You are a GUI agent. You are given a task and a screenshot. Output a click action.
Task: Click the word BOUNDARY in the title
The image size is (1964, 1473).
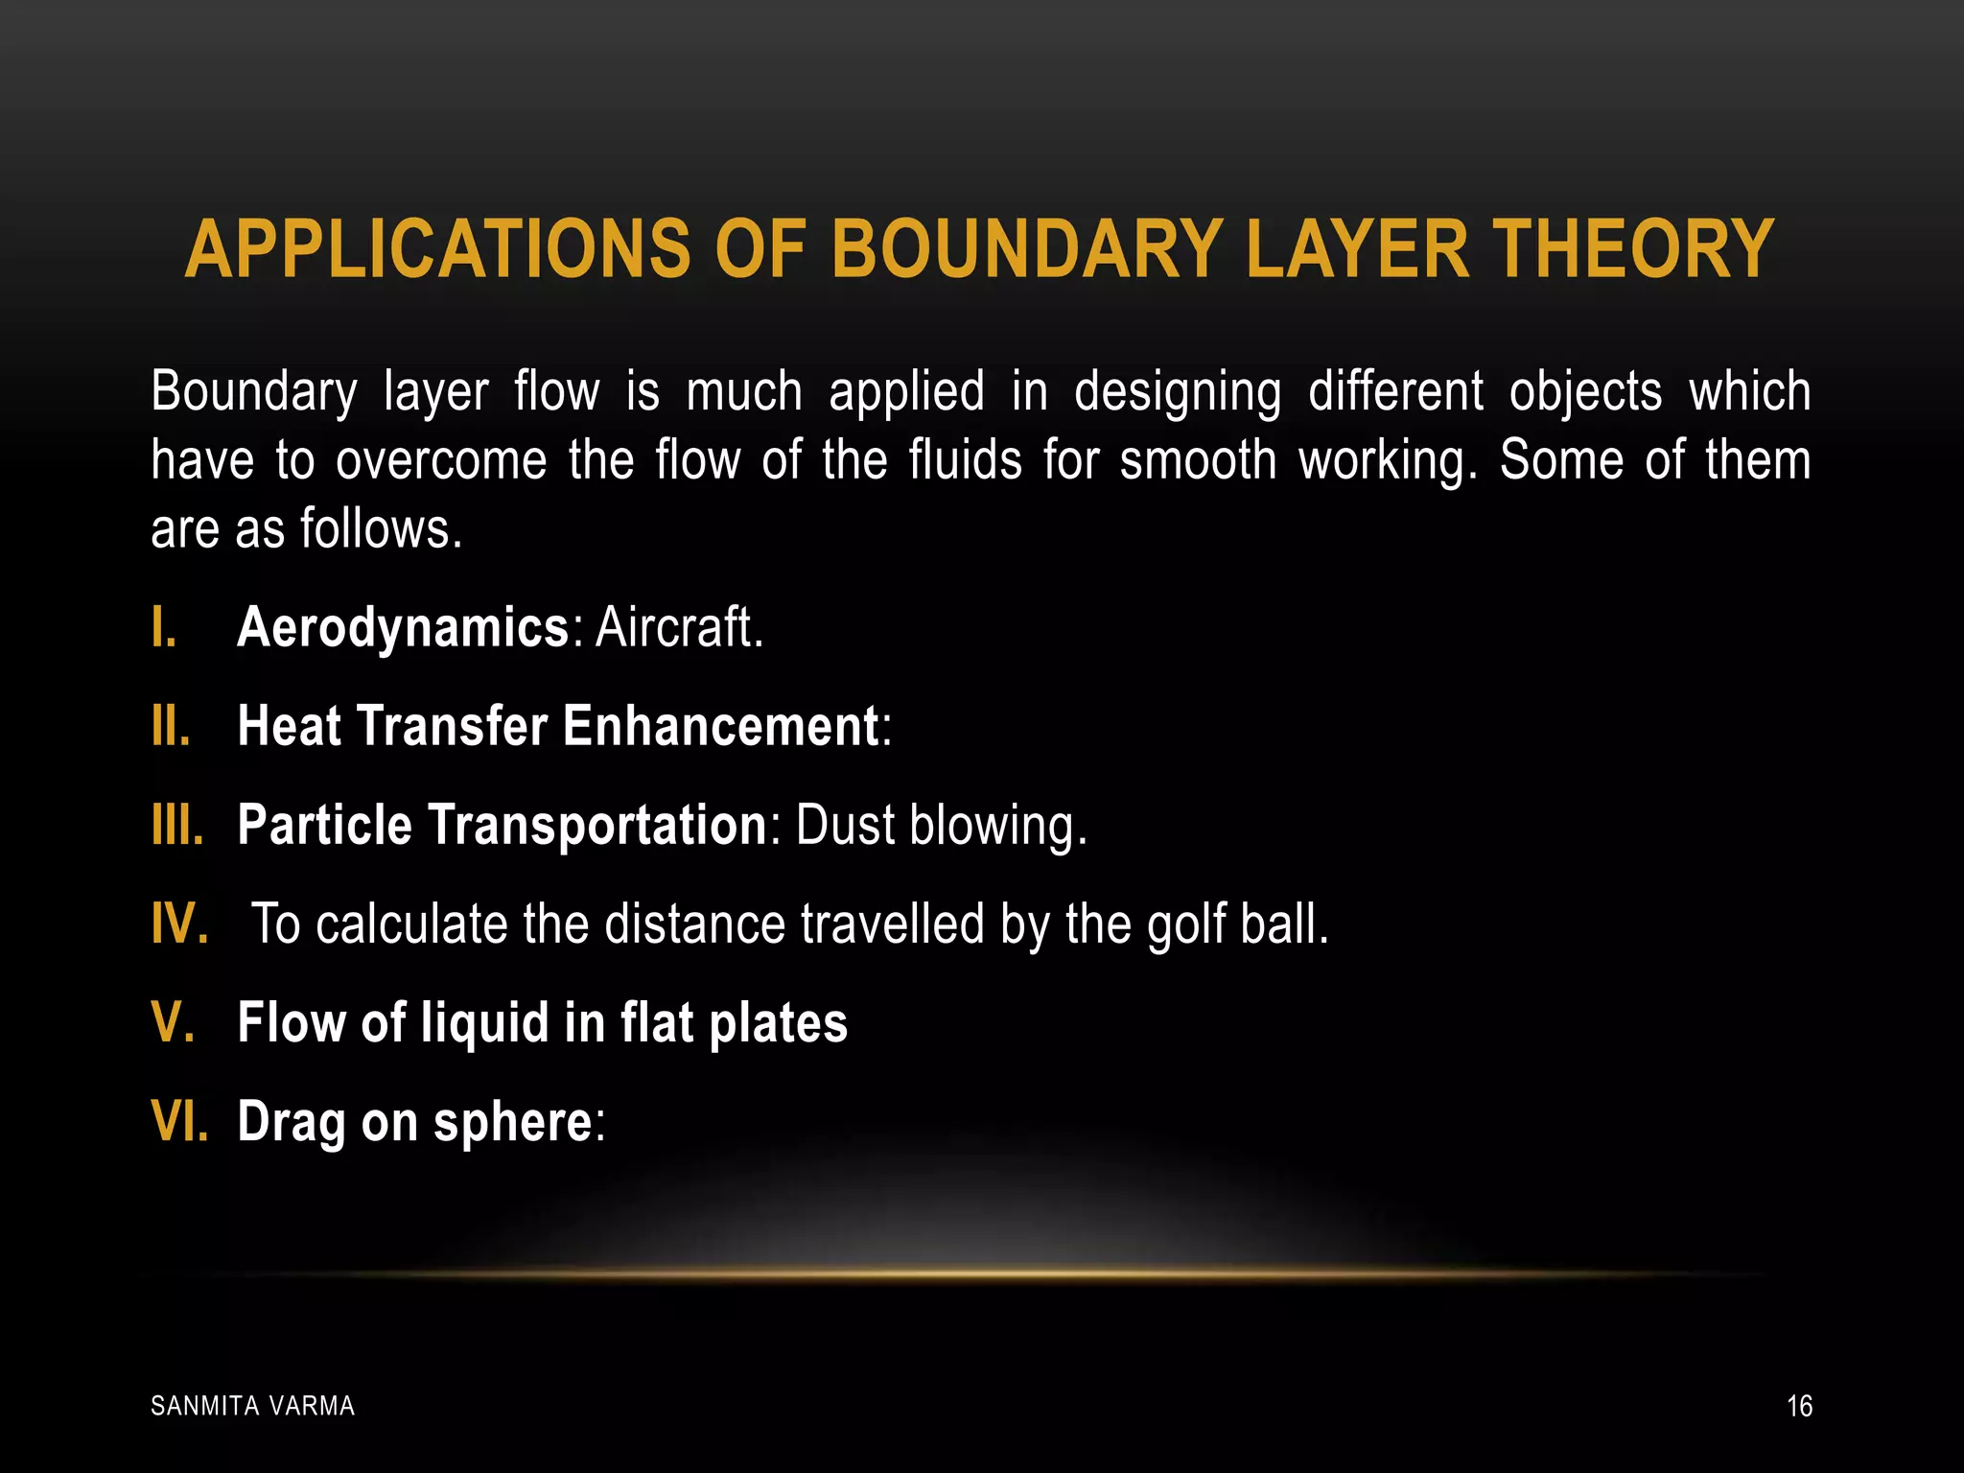[x=1027, y=250]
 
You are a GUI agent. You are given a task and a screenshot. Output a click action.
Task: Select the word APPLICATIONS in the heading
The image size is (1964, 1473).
[x=437, y=250]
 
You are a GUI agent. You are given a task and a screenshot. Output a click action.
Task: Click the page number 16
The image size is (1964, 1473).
[x=1799, y=1407]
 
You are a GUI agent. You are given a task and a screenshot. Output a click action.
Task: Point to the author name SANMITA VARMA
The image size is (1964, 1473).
[x=253, y=1407]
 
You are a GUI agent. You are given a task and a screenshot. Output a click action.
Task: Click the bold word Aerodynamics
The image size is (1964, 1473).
[x=403, y=629]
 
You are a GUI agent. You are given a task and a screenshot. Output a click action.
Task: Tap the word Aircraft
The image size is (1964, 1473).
[x=678, y=629]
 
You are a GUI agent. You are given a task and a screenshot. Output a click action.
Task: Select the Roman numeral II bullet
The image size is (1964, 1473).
[x=171, y=727]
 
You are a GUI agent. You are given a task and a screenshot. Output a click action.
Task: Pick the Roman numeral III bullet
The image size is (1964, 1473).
[x=176, y=826]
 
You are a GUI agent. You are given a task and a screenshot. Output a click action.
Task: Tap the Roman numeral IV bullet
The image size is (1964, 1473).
[x=179, y=924]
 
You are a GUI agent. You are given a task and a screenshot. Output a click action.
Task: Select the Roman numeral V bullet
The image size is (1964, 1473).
[x=174, y=1023]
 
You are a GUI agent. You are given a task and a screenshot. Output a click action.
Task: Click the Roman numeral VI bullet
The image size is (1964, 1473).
[x=179, y=1122]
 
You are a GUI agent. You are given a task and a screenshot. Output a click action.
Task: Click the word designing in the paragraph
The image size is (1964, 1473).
[x=1177, y=393]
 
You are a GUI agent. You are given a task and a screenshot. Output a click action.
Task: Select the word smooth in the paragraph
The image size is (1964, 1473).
[x=1198, y=461]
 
